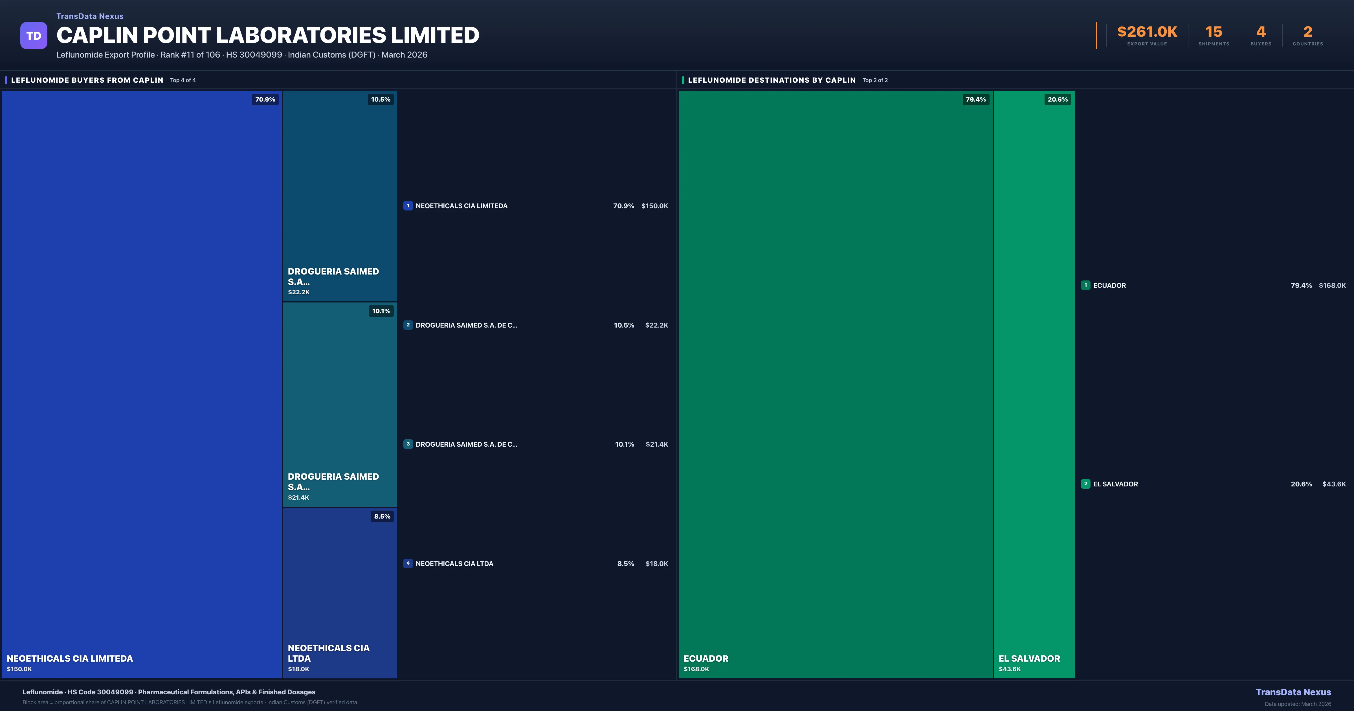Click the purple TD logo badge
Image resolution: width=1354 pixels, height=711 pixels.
34,36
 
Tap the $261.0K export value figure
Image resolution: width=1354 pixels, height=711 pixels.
1147,32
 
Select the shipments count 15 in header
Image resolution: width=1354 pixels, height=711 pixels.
1214,32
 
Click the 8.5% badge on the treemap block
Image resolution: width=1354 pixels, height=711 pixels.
382,516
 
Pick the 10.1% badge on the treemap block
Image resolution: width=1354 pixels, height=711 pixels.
381,311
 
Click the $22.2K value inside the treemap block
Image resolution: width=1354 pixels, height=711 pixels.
298,292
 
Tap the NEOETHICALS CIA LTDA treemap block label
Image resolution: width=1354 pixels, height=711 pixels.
329,653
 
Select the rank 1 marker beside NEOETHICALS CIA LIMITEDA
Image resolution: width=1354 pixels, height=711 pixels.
408,206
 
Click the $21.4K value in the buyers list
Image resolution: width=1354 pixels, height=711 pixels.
656,444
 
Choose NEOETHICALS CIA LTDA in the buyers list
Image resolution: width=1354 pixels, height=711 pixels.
454,564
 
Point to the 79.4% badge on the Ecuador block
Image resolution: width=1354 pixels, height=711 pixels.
975,99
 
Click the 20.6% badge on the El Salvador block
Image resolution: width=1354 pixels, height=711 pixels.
1058,99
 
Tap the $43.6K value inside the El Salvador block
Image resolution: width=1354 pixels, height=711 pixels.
1009,669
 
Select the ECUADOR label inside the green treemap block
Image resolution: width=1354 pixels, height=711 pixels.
706,659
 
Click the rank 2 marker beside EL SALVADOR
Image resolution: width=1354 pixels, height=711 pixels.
1085,484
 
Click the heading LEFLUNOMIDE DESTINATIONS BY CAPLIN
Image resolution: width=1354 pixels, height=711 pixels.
771,80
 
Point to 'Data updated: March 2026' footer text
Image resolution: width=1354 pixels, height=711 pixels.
1298,704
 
